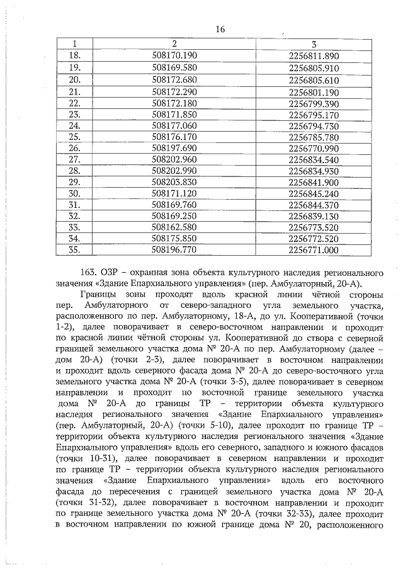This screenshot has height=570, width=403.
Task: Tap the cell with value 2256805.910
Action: click(313, 67)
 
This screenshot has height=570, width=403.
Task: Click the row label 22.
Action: click(75, 103)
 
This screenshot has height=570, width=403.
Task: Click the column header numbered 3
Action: click(313, 44)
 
